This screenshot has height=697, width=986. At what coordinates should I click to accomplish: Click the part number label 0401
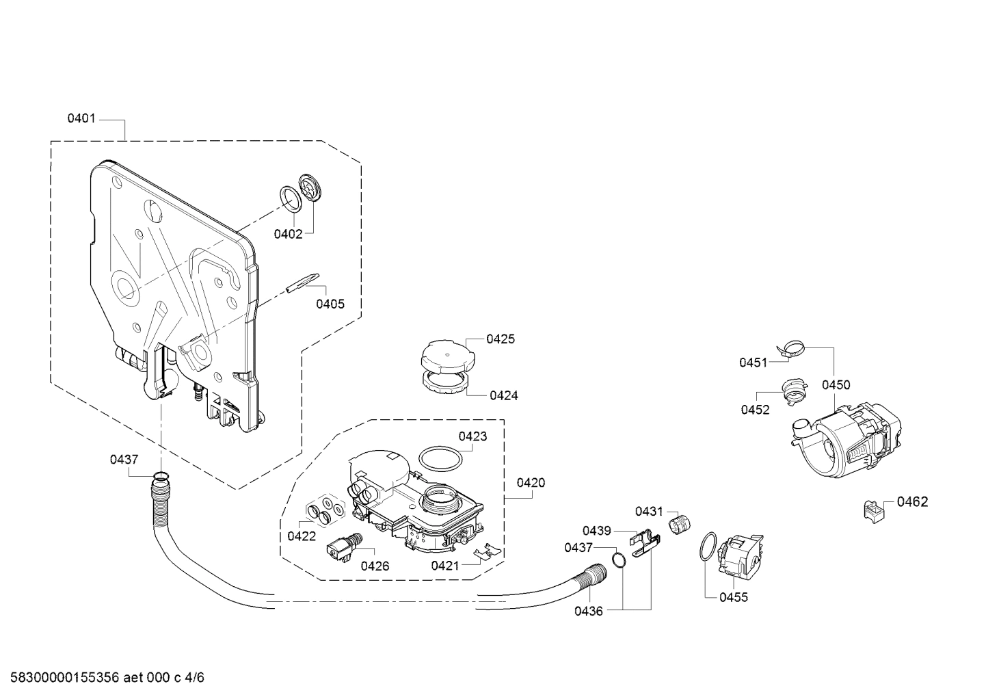(x=81, y=119)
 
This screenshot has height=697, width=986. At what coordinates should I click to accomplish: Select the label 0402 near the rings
(x=288, y=235)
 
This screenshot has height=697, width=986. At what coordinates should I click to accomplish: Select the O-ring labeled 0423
(x=438, y=458)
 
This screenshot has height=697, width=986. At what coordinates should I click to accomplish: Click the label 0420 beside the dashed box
(x=531, y=483)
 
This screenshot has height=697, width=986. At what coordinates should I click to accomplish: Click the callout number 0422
(x=302, y=536)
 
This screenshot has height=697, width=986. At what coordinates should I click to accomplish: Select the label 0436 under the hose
(x=589, y=611)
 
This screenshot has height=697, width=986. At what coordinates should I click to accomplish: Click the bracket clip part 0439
(x=643, y=545)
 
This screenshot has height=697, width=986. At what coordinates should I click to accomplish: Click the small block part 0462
(x=872, y=510)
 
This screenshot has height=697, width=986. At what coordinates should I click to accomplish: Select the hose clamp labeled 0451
(x=792, y=352)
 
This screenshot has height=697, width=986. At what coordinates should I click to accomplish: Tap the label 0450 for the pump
(x=836, y=385)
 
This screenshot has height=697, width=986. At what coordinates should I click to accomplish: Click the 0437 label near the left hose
(x=124, y=460)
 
